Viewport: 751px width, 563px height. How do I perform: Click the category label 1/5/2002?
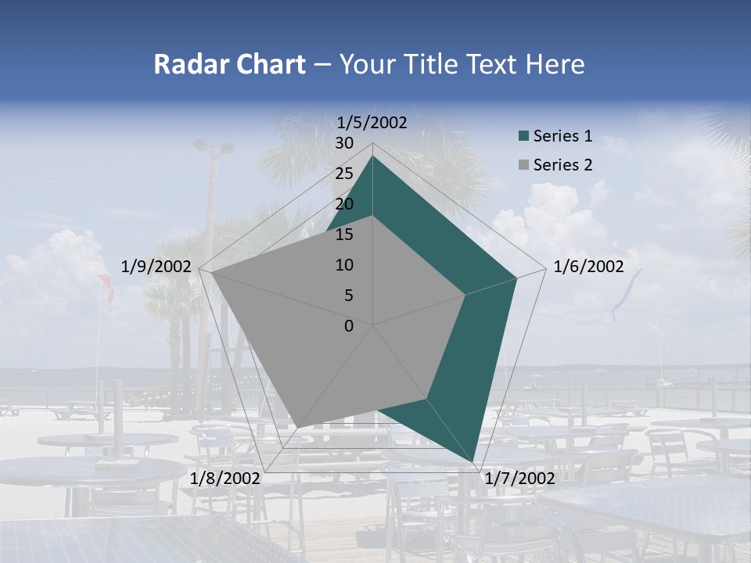372,122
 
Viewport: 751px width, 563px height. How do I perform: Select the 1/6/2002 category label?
588,267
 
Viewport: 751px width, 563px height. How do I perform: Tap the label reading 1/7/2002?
519,478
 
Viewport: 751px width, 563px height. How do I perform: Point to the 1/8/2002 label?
225,478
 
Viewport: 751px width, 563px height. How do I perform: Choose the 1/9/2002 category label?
156,267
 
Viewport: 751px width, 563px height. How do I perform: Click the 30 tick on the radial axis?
343,143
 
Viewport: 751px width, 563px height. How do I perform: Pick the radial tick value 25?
343,174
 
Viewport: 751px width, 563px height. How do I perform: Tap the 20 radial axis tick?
343,204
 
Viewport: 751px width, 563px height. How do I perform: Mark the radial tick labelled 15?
343,235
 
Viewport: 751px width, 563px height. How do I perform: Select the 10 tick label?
343,265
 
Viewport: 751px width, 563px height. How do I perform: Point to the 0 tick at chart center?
348,326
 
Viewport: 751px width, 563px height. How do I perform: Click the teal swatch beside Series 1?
523,137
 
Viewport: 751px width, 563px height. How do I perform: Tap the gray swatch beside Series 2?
523,165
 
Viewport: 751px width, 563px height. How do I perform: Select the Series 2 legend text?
562,165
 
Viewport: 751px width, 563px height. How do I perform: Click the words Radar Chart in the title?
229,64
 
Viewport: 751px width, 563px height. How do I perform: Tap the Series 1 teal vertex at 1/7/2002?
474,461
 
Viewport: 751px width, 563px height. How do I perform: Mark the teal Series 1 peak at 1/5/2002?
372,156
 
